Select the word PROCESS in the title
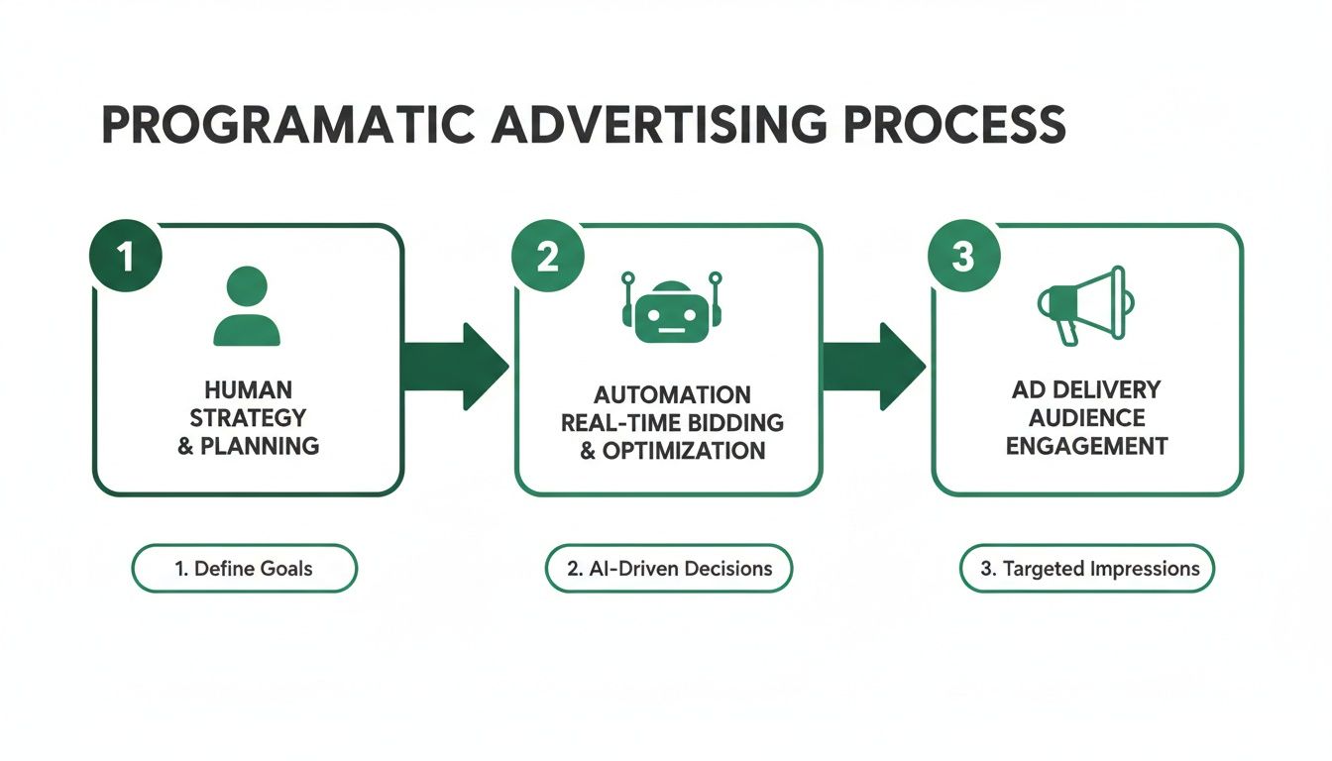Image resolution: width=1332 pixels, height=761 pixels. (x=950, y=126)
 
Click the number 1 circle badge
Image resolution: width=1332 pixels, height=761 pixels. (x=125, y=257)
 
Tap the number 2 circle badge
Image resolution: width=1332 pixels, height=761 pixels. (x=546, y=257)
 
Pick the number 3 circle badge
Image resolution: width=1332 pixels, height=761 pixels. (x=962, y=257)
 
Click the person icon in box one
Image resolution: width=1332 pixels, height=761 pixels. (x=248, y=306)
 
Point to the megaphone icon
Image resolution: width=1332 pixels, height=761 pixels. (x=1082, y=302)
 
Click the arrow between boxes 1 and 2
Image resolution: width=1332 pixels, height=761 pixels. (x=455, y=366)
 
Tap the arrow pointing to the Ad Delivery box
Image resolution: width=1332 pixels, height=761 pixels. (x=872, y=366)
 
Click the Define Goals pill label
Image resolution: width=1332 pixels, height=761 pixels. (x=244, y=569)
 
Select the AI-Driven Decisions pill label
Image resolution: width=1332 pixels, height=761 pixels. (x=669, y=569)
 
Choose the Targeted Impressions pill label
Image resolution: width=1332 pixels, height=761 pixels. (x=1086, y=569)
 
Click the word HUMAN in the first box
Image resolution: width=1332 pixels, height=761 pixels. (x=248, y=389)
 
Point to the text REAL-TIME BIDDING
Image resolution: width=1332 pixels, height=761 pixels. (x=672, y=423)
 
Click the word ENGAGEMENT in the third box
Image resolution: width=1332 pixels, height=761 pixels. (x=1086, y=446)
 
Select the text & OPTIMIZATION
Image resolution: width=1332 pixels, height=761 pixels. (x=672, y=451)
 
